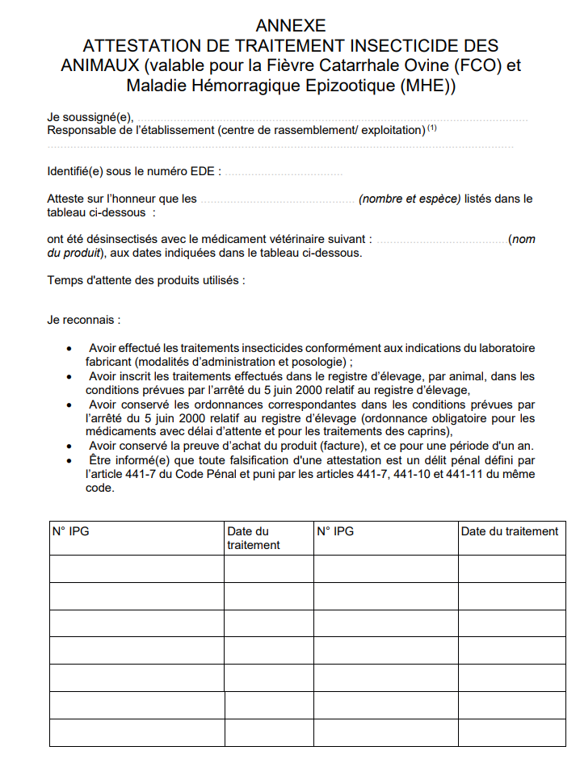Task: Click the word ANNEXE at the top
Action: [291, 27]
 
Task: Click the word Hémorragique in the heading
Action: [258, 86]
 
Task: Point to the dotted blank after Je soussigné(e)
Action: [331, 118]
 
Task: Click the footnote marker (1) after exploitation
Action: [432, 128]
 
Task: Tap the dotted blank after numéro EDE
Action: [283, 172]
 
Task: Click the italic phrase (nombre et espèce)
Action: [409, 199]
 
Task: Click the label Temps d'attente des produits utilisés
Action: [145, 280]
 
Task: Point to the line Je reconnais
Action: [84, 320]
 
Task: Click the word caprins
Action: [424, 432]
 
